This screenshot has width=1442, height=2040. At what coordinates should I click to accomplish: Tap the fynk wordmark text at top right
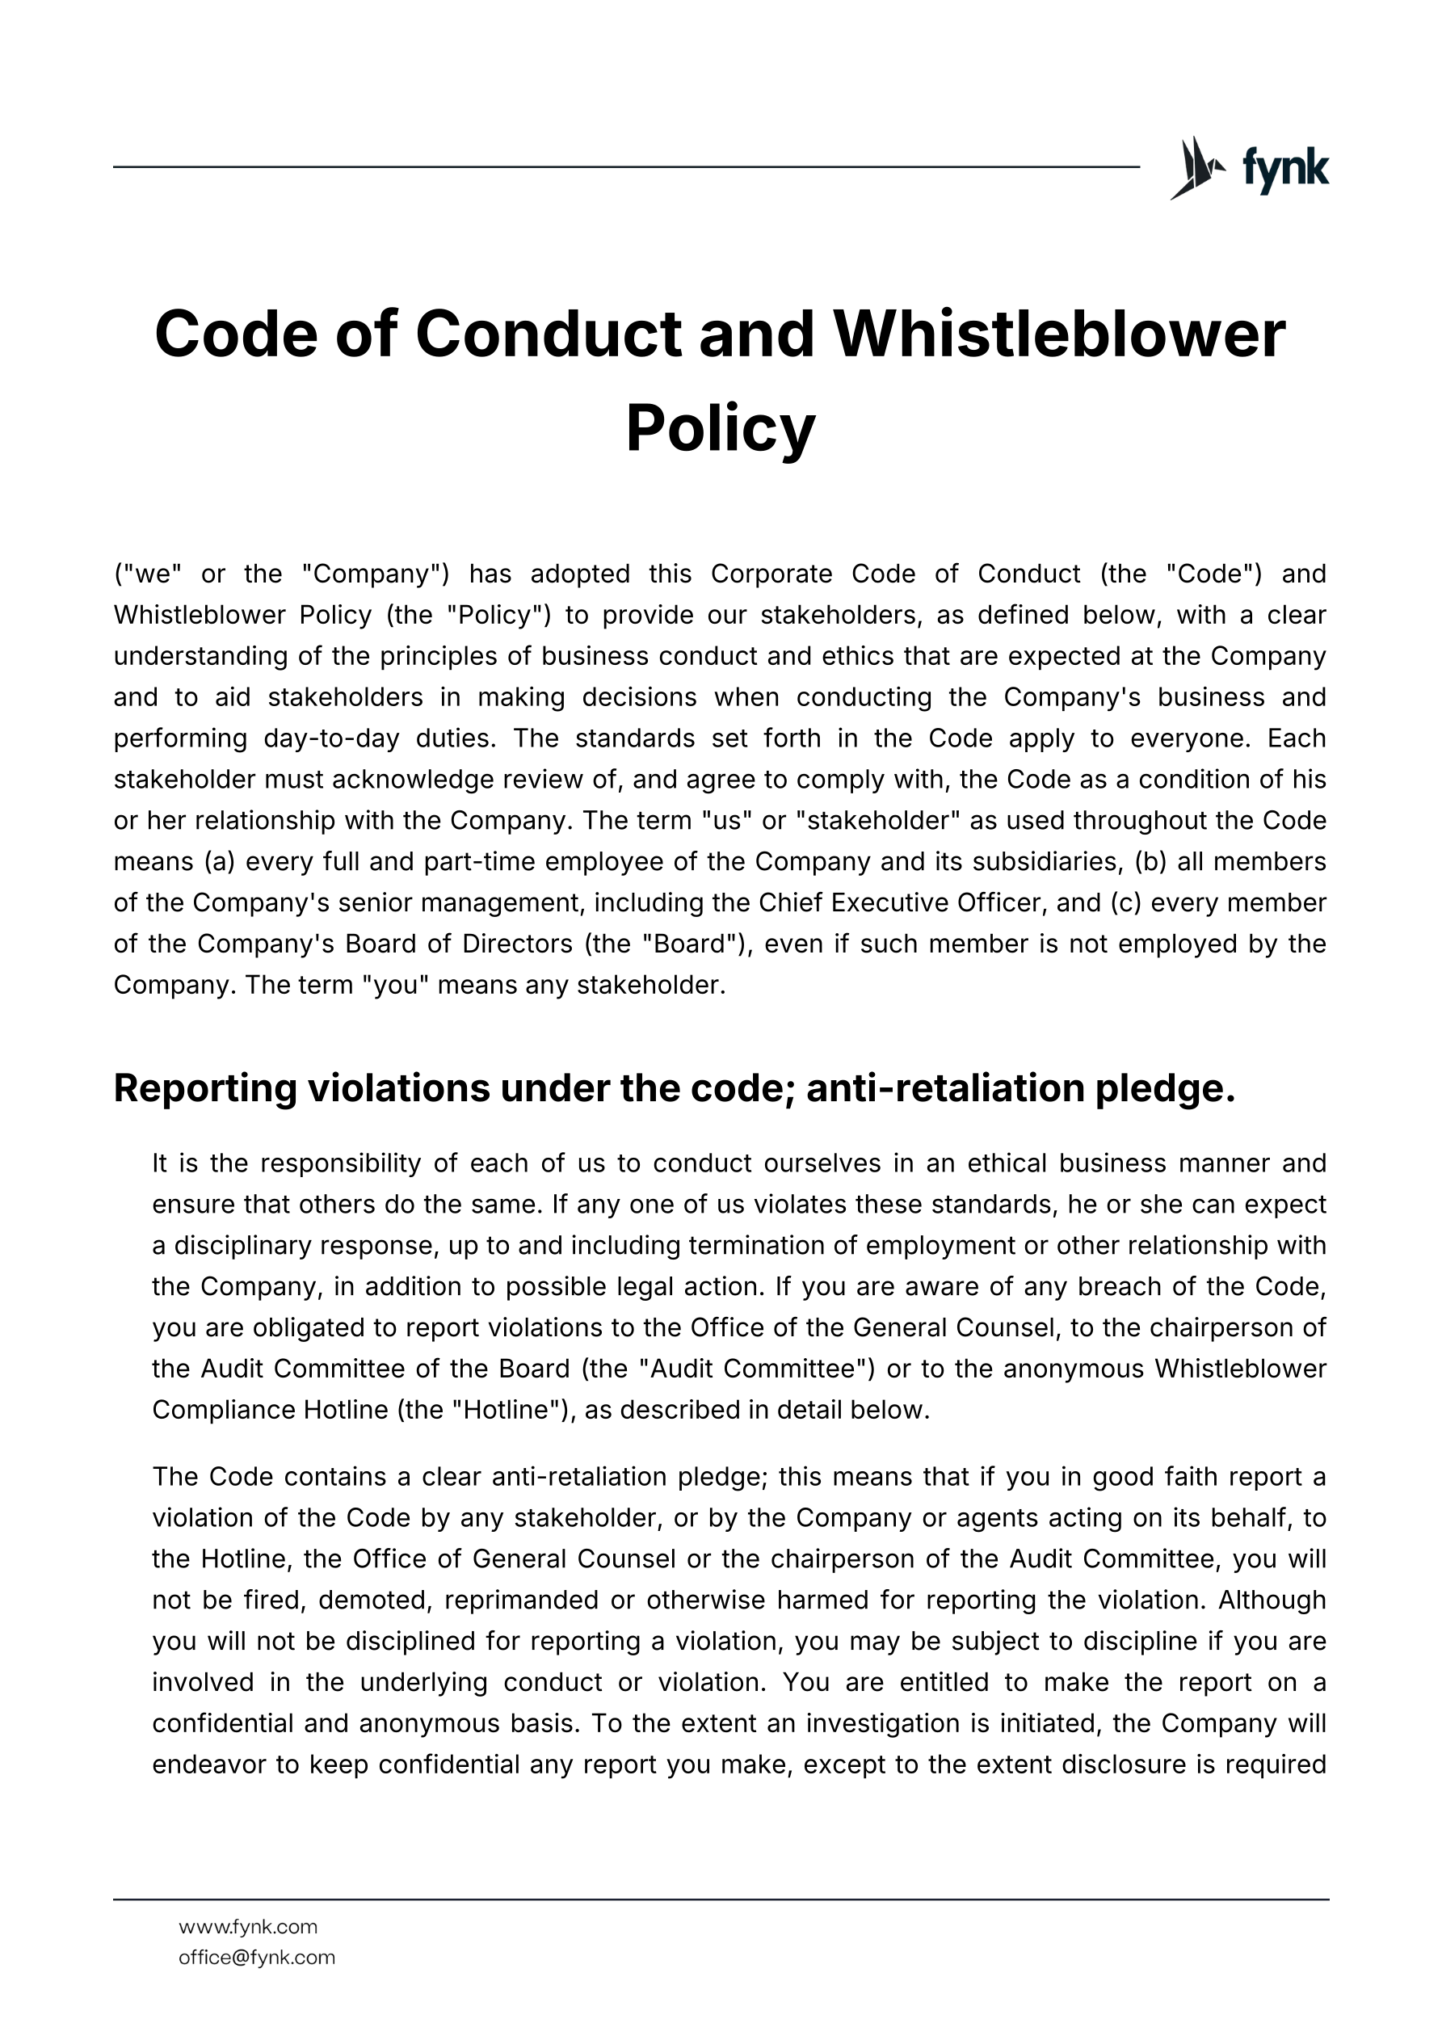coord(1284,168)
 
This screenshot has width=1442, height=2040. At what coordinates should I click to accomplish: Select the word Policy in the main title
coord(721,428)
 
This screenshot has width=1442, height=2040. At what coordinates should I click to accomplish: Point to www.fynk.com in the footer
coord(248,1926)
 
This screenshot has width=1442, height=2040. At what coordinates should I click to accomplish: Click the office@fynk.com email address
coord(257,1957)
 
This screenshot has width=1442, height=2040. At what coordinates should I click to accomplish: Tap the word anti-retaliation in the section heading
coord(945,1088)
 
